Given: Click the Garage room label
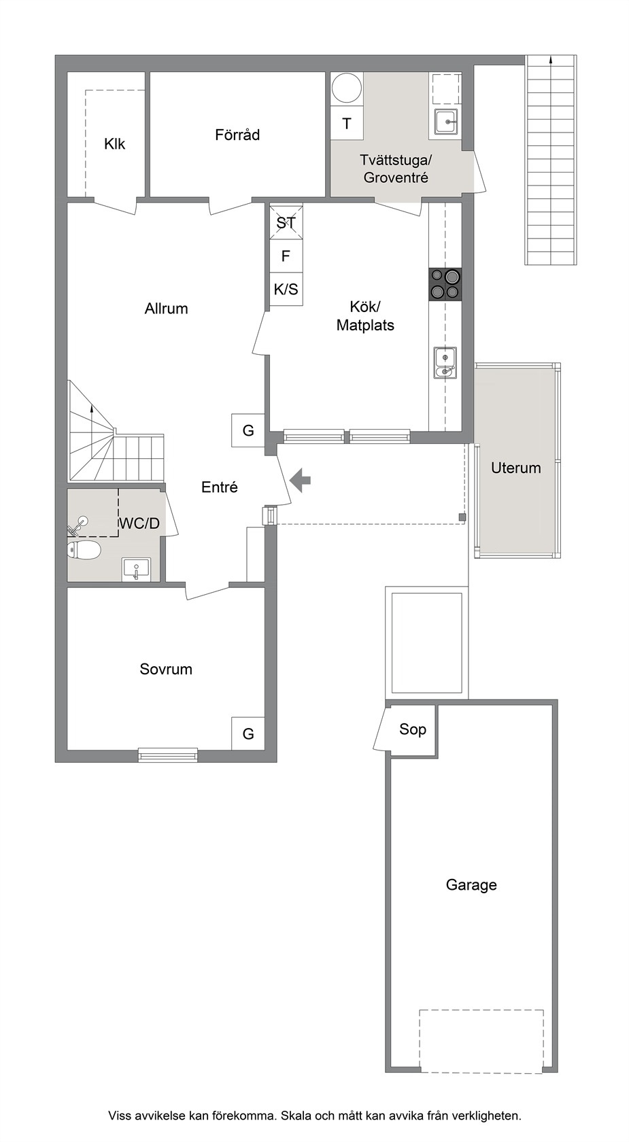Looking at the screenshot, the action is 471,885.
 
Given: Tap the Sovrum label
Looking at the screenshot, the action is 166,669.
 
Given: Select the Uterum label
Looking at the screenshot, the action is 515,468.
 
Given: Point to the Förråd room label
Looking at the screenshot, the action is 237,135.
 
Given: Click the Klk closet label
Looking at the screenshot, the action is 114,144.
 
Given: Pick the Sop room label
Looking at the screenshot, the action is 412,729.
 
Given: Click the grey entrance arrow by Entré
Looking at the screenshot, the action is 301,480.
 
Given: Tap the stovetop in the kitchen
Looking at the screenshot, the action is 445,284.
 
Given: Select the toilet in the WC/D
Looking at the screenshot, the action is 84,550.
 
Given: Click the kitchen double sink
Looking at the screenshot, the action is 445,363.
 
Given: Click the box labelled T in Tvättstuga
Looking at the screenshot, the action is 347,124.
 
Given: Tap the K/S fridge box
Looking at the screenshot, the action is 286,290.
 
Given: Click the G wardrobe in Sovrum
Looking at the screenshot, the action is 248,733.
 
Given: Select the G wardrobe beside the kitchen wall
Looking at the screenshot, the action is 248,430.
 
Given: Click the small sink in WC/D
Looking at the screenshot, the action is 136,569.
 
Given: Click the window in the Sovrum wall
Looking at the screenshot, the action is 168,755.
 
